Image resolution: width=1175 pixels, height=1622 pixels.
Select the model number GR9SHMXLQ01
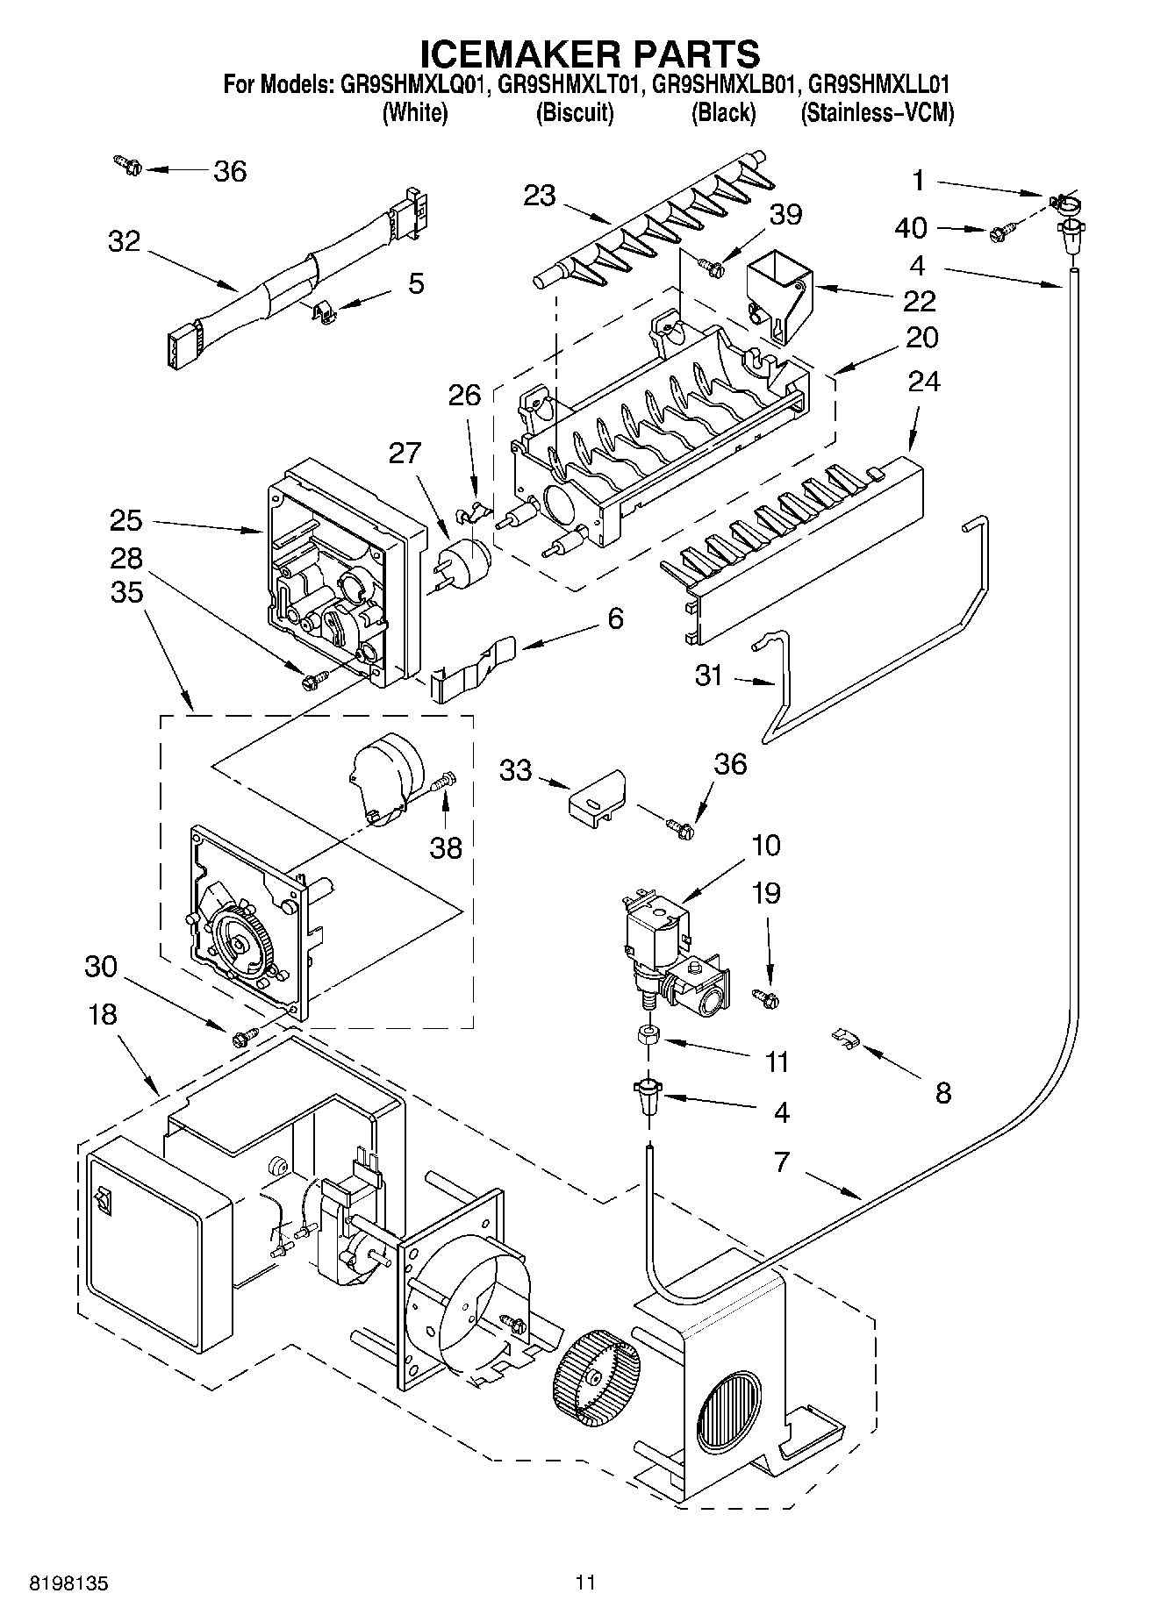pyautogui.click(x=412, y=85)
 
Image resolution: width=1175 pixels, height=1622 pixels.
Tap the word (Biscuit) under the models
pyautogui.click(x=575, y=113)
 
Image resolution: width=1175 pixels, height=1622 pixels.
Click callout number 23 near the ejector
pyautogui.click(x=539, y=195)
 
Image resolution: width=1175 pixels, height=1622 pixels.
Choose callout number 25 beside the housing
pyautogui.click(x=126, y=520)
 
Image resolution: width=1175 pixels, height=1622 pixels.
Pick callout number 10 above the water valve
pyautogui.click(x=765, y=846)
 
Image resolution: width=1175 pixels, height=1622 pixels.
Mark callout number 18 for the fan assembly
pyautogui.click(x=103, y=1015)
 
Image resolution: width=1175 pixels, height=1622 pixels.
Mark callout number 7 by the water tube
pyautogui.click(x=781, y=1163)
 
